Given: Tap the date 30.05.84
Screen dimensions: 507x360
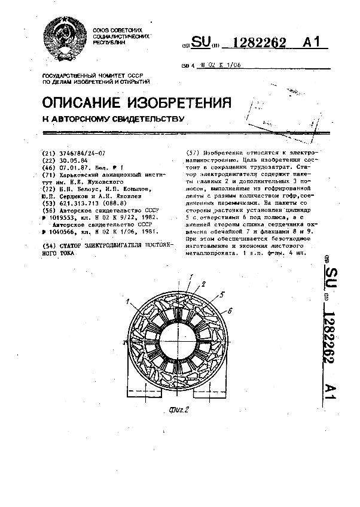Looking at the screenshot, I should coord(71,160).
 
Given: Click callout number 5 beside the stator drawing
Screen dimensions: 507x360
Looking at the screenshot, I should coord(222,295).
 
